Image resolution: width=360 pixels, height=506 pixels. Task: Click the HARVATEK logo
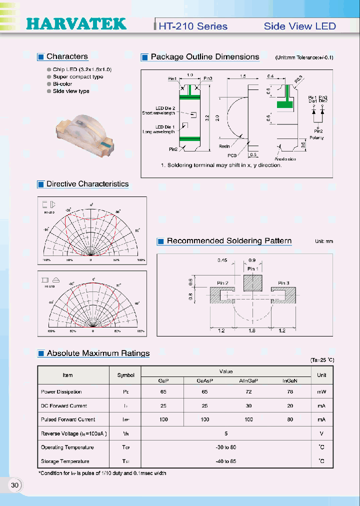pos(75,24)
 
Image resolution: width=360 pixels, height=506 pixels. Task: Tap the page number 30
pos(14,485)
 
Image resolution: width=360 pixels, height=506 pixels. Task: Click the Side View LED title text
pos(299,26)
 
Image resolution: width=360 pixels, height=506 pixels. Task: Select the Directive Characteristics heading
pos(87,184)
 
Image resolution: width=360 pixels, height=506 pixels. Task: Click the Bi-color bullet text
pos(62,84)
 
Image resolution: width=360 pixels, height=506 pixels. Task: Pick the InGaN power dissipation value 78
pos(290,392)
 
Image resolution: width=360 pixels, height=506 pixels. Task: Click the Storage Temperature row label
pos(65,461)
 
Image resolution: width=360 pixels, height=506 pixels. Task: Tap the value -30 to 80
pos(226,447)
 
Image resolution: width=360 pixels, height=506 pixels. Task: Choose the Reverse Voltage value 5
pos(226,433)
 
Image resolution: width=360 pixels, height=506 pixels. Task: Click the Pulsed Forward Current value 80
pos(290,419)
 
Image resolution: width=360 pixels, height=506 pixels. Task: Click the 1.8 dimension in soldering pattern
pos(253,331)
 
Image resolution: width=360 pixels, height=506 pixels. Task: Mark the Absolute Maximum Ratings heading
pos(98,353)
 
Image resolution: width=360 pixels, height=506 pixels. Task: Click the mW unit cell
pos(321,392)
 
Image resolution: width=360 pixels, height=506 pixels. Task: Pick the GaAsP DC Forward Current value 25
pos(204,406)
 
